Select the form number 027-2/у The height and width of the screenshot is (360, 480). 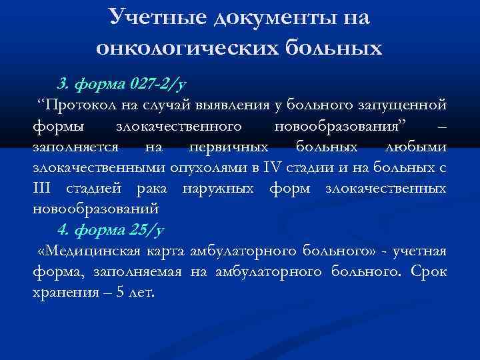(x=155, y=85)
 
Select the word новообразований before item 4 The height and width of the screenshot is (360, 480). (x=96, y=209)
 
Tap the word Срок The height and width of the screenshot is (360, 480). (x=429, y=273)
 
